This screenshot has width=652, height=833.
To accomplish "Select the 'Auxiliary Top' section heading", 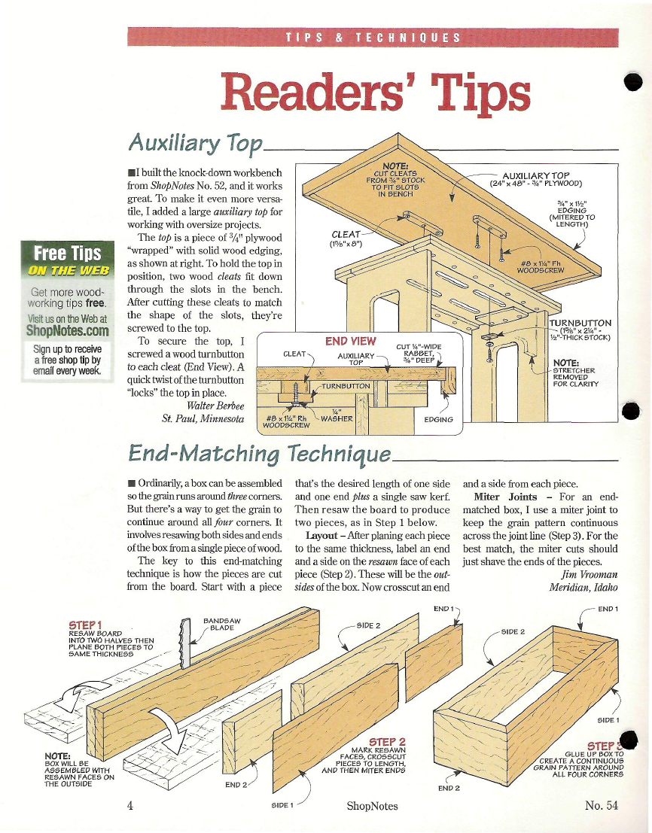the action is coord(196,144).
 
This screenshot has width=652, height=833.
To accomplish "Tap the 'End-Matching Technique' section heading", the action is coord(260,454).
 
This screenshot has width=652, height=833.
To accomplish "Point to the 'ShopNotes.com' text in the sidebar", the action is coord(68,330).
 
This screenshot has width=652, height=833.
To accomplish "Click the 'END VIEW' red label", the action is coord(351,341).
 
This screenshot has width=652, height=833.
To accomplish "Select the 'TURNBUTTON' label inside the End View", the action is coord(346,386).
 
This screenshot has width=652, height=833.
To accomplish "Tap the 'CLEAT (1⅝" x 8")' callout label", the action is coord(346,239).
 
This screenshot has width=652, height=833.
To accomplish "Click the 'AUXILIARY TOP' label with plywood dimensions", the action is coord(535,179).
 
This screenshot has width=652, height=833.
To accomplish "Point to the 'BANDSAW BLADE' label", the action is coord(222,624).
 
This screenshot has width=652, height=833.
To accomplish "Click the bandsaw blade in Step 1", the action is coord(185,643).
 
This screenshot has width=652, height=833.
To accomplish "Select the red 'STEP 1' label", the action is coord(85,625).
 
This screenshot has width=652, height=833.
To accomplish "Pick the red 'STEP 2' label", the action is coord(388,742).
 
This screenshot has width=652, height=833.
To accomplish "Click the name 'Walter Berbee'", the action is coord(215,406).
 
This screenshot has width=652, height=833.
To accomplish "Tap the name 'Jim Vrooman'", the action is coord(590,574).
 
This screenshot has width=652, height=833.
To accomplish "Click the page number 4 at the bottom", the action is coord(130,805).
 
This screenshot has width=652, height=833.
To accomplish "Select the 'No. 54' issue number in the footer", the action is coord(602,805).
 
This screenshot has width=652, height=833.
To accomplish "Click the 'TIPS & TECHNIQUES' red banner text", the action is coord(373,38).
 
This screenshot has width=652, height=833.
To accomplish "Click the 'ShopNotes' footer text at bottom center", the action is coord(372,806).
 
